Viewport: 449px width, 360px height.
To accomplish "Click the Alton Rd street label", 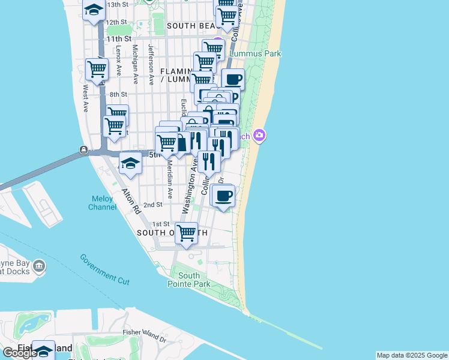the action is point(130,202).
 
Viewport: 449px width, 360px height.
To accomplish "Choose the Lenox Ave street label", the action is point(119,61).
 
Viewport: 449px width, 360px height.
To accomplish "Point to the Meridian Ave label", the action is point(170,179).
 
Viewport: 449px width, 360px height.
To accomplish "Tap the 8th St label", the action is point(119,94).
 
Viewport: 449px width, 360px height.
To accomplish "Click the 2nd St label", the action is point(154,205).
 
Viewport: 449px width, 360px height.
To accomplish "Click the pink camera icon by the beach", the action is point(259,135).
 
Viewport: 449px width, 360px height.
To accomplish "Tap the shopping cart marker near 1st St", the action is point(187,233).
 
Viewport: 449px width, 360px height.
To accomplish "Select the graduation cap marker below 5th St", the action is point(130,163).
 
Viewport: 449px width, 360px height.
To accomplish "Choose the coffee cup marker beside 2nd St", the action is point(224,196).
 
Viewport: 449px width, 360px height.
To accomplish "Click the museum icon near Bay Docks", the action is point(39,265).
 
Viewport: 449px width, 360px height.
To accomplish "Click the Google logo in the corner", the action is point(20,352).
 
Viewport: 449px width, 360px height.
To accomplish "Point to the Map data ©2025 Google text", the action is point(411,355).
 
